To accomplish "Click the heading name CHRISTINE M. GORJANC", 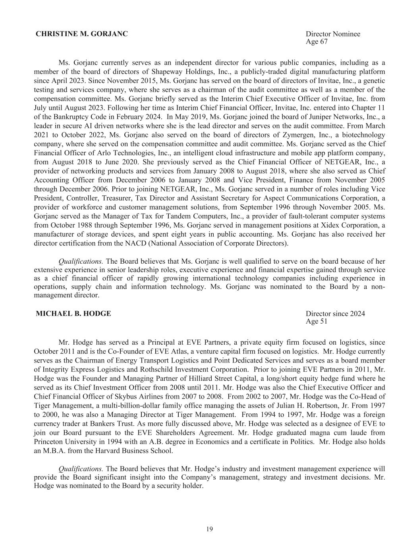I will point(82,34).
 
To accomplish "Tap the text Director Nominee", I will point(333,34).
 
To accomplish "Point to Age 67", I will point(317,41).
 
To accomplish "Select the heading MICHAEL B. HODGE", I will point(73,314).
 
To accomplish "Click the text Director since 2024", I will point(335,314).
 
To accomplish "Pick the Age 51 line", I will point(317,321).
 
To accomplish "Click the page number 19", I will point(209,528).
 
